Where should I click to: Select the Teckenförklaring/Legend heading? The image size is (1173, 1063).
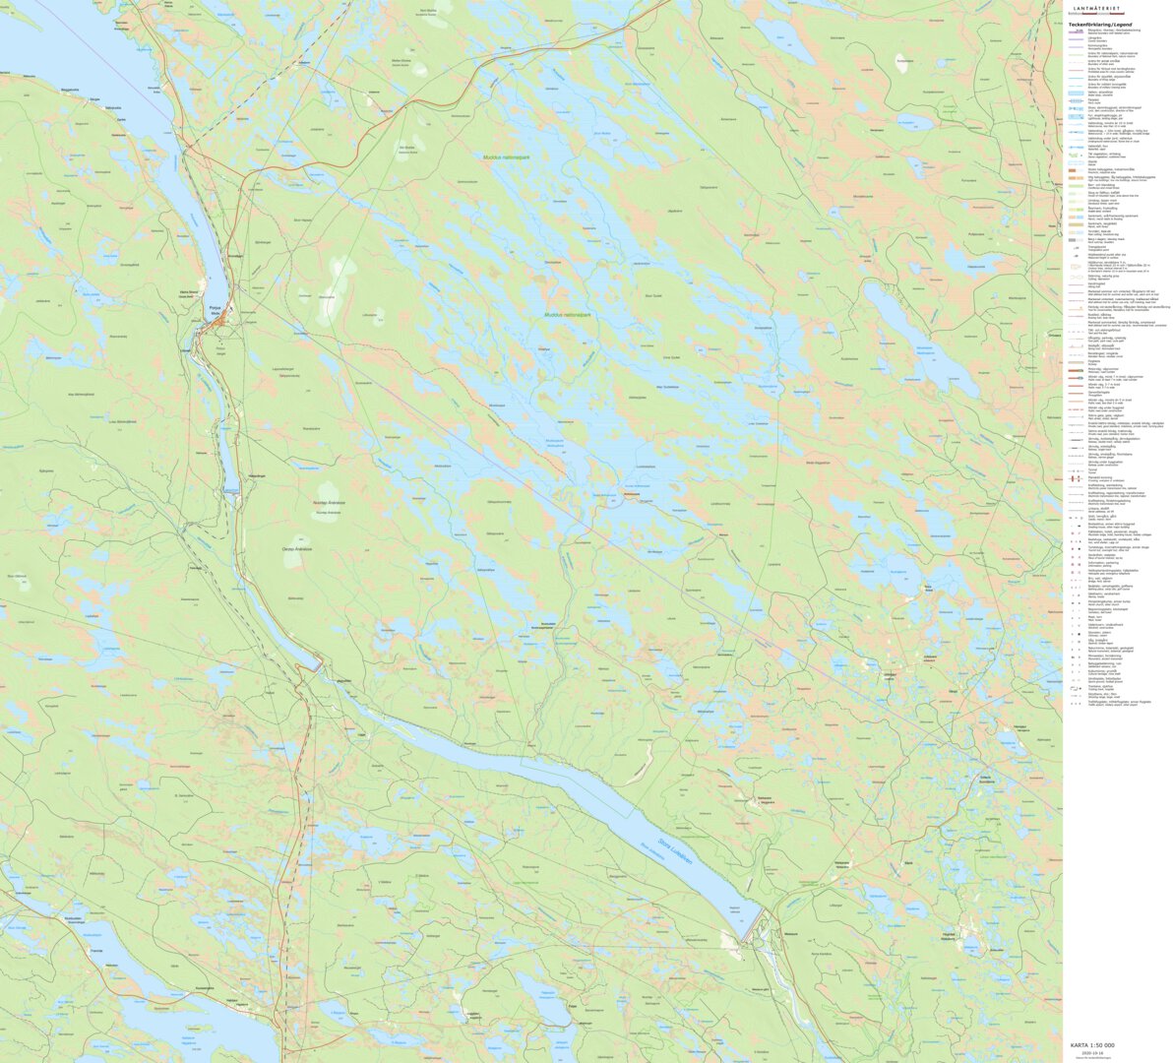1100,25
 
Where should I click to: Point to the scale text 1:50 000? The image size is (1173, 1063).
1092,1044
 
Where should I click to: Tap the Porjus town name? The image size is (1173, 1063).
214,308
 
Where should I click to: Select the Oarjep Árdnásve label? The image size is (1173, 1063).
296,548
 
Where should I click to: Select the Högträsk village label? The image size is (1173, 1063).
949,933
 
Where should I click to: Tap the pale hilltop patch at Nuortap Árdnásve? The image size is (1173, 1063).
328,495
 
